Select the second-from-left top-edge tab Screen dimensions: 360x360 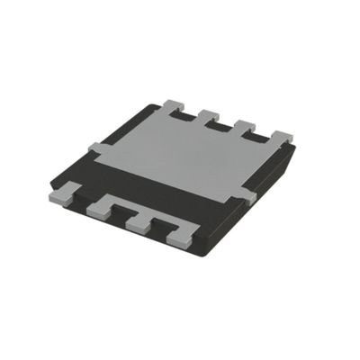coord(209,116)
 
